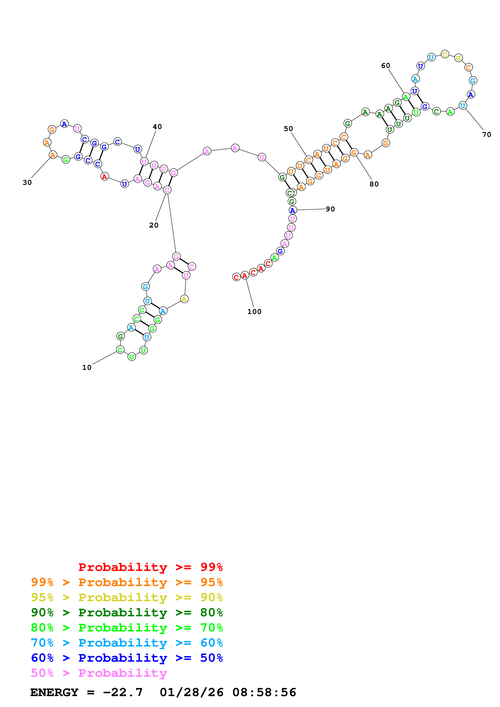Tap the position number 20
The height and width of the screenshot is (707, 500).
[154, 225]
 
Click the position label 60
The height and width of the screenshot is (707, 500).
[385, 66]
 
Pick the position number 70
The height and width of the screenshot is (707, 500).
[486, 135]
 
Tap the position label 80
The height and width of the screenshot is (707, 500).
[374, 184]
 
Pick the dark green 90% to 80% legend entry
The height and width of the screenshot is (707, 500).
[127, 612]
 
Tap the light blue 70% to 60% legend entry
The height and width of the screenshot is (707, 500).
[127, 643]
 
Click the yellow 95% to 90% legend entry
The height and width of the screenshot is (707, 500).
[127, 597]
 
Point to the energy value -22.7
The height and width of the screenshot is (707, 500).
[123, 692]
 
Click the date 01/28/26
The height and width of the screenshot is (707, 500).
[191, 692]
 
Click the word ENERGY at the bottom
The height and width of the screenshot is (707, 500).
[54, 692]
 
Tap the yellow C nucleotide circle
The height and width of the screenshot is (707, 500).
[445, 54]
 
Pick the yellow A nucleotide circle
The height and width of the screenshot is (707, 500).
[184, 299]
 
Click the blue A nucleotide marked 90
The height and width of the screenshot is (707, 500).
[292, 210]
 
